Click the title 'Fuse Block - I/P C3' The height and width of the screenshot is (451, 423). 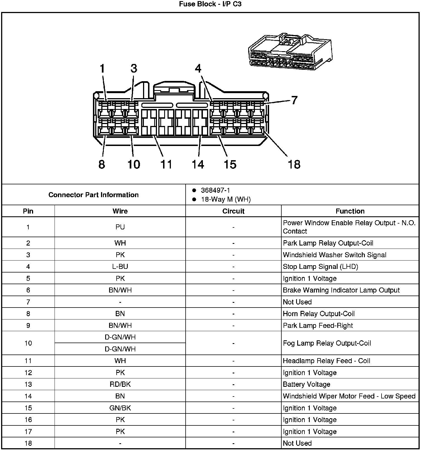point(210,4)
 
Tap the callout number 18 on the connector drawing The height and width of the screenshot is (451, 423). point(294,164)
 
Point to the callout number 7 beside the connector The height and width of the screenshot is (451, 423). point(294,100)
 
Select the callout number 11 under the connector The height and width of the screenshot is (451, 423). point(166,164)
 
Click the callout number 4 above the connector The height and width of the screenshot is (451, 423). point(198,68)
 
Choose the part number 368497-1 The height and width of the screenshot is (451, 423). point(215,190)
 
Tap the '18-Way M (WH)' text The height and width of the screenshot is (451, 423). point(226,199)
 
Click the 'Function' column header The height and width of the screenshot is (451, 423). point(350,211)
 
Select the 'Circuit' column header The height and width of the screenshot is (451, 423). point(233,211)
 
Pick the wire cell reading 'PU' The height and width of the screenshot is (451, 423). point(120,227)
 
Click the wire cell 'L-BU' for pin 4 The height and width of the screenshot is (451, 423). point(120,267)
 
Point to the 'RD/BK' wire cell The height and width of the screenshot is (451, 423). point(120,384)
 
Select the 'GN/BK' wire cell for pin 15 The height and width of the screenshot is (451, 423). point(120,408)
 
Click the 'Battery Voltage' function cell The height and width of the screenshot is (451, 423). point(306,384)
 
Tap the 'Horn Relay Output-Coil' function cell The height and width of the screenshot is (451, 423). point(319,314)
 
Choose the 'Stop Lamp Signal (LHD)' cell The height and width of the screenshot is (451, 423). point(320,267)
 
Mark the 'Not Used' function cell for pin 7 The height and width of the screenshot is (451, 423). point(297,302)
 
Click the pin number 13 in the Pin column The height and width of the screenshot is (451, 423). point(28,384)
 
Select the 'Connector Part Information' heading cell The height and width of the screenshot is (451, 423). point(94,195)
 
